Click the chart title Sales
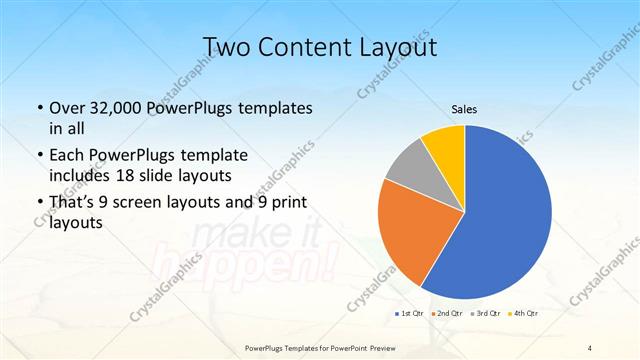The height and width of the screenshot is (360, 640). pos(465,109)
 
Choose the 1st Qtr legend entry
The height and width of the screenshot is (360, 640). pos(410,314)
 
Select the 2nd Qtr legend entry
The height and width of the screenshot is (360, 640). pos(447,314)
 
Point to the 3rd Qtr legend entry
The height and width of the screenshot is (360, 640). pos(484,314)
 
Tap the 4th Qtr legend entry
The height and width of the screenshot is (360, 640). pos(522,314)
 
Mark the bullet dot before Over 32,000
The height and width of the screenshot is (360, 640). pos(39,109)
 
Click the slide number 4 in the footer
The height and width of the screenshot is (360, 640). pos(590,347)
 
